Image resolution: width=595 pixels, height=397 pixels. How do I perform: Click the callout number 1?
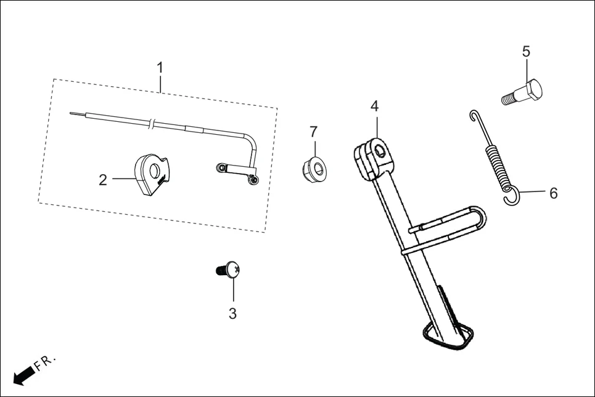[160, 67]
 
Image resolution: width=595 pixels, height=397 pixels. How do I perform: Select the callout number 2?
[103, 180]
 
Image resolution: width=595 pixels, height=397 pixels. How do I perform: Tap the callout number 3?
[232, 313]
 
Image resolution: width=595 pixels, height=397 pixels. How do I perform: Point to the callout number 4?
[374, 106]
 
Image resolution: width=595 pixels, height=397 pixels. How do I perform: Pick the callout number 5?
[526, 51]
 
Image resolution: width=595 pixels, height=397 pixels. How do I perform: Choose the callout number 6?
[553, 193]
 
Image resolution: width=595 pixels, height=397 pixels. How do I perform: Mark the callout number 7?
[313, 131]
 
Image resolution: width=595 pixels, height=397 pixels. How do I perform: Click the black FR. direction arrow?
[23, 375]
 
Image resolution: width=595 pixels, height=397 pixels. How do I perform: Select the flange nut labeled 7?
[314, 166]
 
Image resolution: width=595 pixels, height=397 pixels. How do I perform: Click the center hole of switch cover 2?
[154, 167]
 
